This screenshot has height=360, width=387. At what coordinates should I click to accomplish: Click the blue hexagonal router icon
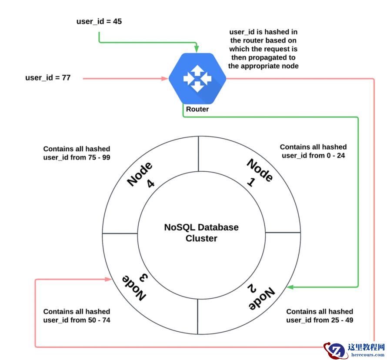click(197, 78)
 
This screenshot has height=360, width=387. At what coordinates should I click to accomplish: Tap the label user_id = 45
click(99, 21)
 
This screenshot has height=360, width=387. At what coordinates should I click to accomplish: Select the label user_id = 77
click(48, 78)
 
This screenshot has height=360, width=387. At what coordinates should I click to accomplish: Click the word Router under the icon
click(197, 109)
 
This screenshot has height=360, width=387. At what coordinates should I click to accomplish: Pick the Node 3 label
click(135, 287)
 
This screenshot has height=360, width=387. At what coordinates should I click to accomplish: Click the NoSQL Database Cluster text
click(201, 233)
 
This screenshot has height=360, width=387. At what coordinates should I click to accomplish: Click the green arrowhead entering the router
click(197, 49)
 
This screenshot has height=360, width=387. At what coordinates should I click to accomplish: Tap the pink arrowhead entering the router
click(165, 78)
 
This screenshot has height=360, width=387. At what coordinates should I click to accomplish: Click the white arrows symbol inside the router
click(197, 78)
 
